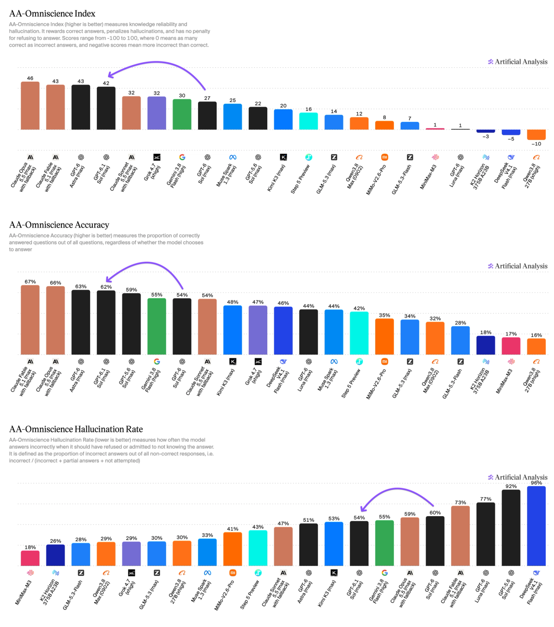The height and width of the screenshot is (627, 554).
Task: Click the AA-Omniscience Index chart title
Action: (52, 13)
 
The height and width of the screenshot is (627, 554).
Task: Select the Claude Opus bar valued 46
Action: (30, 106)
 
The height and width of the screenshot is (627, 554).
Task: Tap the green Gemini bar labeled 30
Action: (182, 114)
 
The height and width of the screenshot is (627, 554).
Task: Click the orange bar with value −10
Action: (536, 135)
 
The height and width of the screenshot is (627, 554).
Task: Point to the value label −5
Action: (511, 139)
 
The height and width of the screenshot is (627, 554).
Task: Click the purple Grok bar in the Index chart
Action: (157, 113)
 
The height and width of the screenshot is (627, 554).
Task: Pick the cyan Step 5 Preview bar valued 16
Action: (308, 121)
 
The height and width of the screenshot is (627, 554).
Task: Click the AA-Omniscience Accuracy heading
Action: (59, 225)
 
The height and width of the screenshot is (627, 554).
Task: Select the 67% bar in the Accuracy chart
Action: (30, 320)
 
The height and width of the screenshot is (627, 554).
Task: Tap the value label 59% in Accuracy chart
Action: (131, 289)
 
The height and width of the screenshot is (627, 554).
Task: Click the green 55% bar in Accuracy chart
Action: (157, 326)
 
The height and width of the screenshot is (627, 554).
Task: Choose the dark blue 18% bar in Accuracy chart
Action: (485, 345)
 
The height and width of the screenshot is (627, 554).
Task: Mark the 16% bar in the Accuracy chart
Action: (536, 346)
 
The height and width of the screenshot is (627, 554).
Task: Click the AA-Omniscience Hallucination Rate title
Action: (76, 429)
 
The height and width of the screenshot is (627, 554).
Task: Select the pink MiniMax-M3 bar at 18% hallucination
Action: (30, 558)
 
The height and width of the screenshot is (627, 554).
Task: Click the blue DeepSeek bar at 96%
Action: (536, 526)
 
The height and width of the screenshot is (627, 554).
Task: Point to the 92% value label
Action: (511, 486)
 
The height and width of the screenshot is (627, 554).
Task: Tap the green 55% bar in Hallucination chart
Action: (384, 543)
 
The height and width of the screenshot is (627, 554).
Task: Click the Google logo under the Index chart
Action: (182, 157)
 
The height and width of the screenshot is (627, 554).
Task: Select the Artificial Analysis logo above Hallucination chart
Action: (518, 477)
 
